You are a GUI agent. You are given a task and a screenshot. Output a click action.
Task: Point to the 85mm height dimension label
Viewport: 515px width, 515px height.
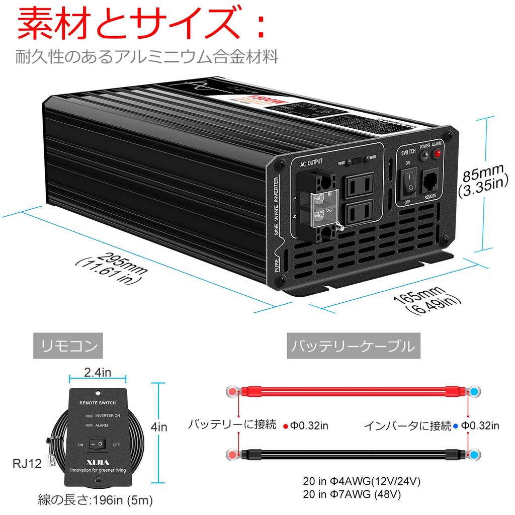(483, 182)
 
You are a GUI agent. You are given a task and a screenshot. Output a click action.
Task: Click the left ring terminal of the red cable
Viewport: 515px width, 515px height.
(233, 391)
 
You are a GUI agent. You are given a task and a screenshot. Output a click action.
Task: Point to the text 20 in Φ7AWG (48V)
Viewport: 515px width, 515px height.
(352, 494)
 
